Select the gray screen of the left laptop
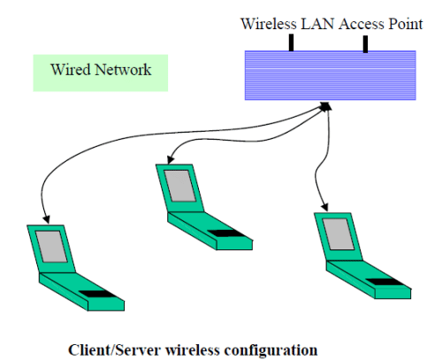(53, 247)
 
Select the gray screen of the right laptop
(337, 232)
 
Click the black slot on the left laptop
(97, 293)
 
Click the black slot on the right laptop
(381, 281)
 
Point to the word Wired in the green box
(68, 69)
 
